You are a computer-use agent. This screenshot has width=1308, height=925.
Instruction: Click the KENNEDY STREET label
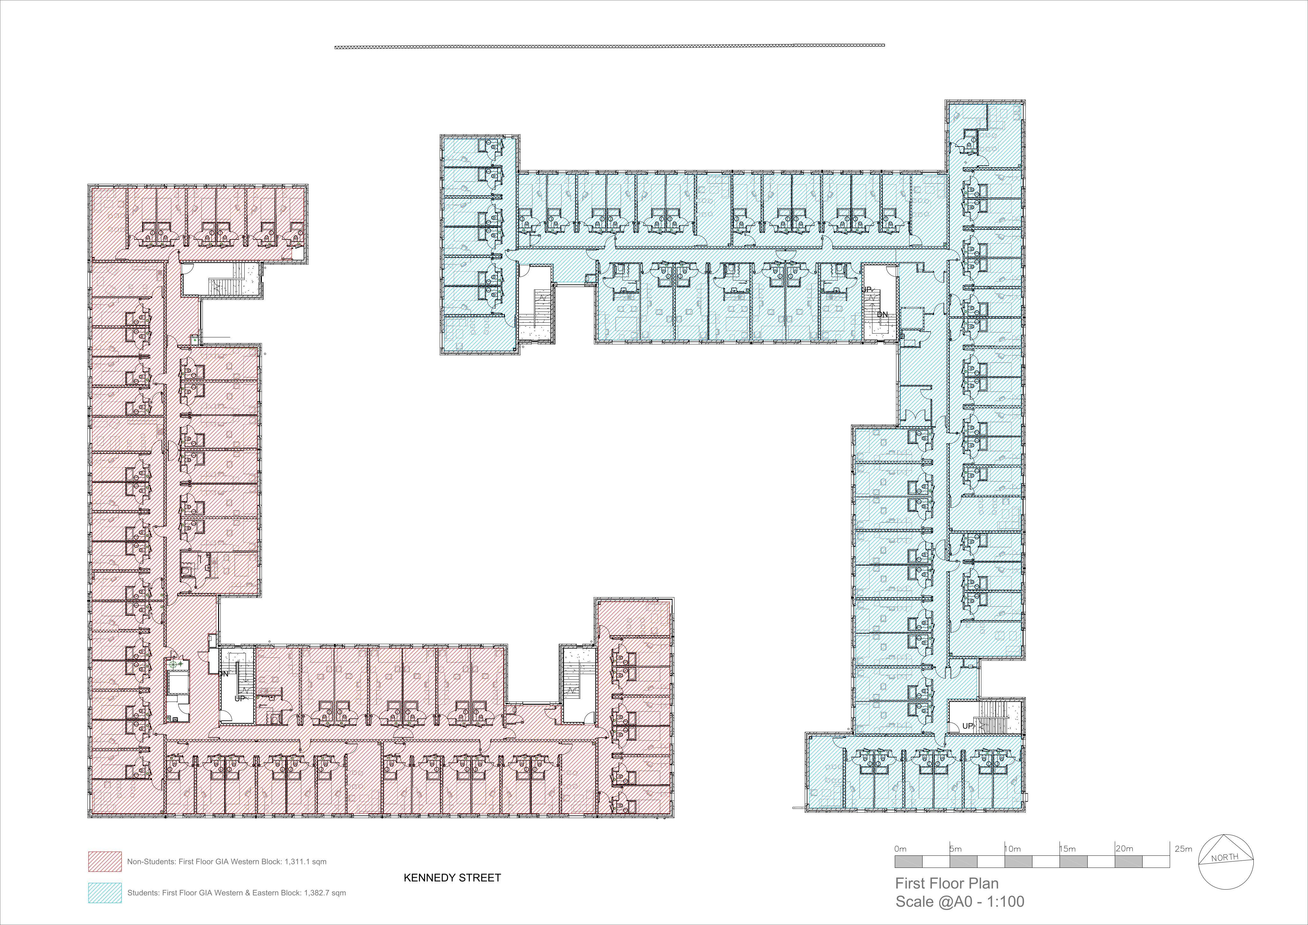[452, 878]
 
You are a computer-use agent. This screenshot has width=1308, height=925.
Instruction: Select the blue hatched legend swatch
[105, 892]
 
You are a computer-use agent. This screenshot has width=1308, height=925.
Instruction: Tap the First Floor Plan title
[947, 884]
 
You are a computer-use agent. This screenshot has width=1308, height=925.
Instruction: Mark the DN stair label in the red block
[223, 674]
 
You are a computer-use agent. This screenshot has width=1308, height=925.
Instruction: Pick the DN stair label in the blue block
[882, 314]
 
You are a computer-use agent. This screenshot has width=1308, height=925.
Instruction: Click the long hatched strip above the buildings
[610, 46]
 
